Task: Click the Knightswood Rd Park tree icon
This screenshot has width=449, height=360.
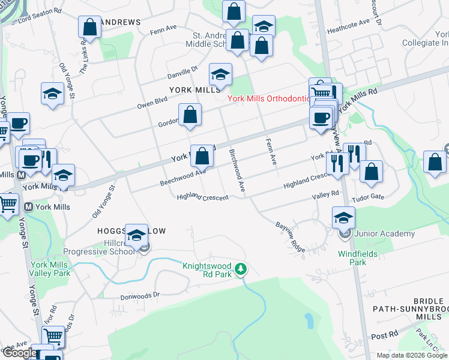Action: click(240, 269)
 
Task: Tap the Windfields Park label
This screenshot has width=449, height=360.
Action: click(358, 258)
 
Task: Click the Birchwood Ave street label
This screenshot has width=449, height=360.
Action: click(238, 170)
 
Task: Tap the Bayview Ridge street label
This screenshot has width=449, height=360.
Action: click(291, 237)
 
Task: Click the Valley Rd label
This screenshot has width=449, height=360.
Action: click(325, 193)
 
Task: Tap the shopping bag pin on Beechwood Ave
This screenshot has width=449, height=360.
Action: click(202, 156)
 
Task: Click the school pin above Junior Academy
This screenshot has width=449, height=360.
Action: click(343, 217)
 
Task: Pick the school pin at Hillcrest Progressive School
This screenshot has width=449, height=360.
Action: click(136, 234)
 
